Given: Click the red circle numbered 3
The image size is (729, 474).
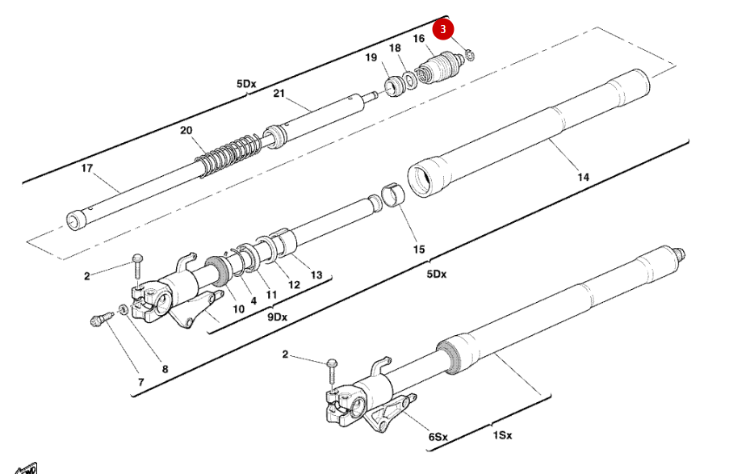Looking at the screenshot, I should coord(443,30).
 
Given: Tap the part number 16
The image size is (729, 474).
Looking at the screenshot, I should coord(418,39).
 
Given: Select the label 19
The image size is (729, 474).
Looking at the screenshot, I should coord(371,58).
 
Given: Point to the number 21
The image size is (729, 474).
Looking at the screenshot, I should coord(279,94).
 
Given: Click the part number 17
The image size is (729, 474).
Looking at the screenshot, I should coord(88,168).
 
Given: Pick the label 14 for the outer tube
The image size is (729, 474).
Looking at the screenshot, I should coord(583,177).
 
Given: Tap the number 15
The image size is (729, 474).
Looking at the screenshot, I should coord(418,250).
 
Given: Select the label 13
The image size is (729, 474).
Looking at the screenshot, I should coord(316,275).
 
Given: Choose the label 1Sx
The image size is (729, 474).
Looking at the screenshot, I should coord(501,435).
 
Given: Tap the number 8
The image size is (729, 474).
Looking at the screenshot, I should coord(165,370).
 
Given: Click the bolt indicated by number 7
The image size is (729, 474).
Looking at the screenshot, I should coord(98,320).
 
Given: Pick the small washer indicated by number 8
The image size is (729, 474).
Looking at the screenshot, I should coord(122,309).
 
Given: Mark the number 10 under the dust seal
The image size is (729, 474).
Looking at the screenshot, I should coord(238,308).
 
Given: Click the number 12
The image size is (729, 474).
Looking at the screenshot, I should coord(294,284).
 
